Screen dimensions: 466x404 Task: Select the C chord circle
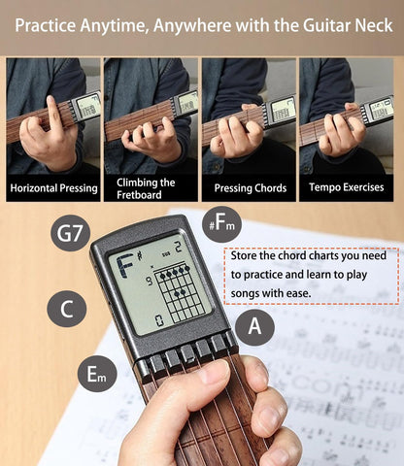(67, 309)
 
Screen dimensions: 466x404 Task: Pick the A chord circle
(254, 327)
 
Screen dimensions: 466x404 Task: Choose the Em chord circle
(96, 374)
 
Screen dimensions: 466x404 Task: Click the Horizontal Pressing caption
(52, 187)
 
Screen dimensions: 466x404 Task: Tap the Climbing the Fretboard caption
(151, 187)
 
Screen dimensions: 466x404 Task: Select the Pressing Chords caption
(248, 187)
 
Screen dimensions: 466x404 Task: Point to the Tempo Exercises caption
(346, 187)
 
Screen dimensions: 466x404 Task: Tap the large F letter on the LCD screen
(125, 265)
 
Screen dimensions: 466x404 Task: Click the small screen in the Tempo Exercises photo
(380, 109)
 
